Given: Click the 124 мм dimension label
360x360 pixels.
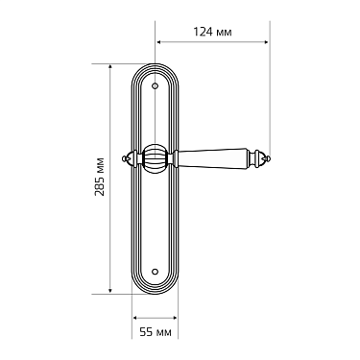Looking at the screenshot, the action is tap(212, 32).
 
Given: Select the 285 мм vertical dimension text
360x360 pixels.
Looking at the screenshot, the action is tap(100, 177).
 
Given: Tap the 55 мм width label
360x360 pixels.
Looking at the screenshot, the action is tap(156, 332).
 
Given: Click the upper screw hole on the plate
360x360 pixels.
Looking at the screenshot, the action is tap(156, 86).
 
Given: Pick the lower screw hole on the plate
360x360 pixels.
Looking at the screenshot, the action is tap(156, 272).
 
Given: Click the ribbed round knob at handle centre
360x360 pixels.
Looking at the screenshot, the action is tap(155, 158).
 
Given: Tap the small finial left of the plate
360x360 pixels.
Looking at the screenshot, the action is tap(128, 158).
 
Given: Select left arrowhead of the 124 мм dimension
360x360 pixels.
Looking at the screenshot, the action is tap(158, 42).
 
